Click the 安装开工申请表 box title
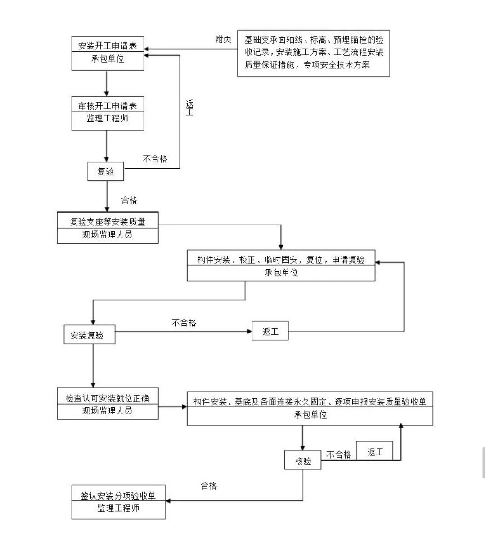pos(108,46)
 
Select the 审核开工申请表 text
pos(108,106)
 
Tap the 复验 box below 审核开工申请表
pos(106,171)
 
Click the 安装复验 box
pos(87,335)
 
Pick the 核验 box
pos(303,461)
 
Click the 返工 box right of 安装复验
pos(270,332)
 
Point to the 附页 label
pos(223,40)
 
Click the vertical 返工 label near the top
pos(189,108)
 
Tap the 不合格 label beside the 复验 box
pos(155,159)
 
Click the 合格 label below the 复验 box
pos(129,200)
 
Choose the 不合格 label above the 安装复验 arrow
pos(184,323)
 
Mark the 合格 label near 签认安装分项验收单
pos(209,486)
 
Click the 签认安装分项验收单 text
pos(118,495)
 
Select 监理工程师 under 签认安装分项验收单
pos(118,508)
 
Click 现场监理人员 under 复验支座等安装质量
pos(108,235)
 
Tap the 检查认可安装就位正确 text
pos(108,398)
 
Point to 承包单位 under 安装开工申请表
pos(108,58)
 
